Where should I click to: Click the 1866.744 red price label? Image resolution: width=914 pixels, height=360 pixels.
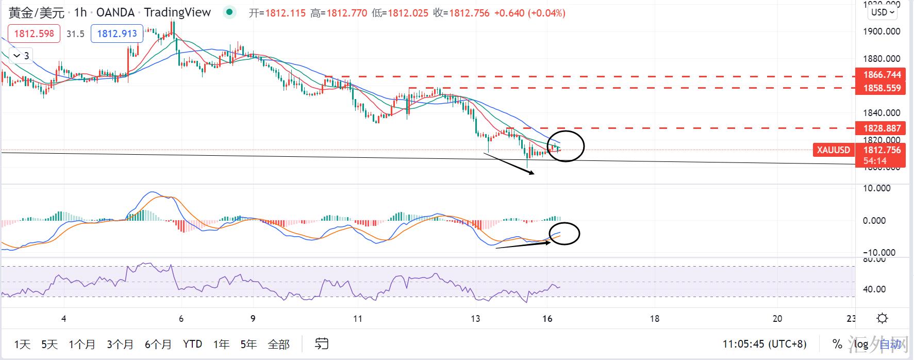coord(882,75)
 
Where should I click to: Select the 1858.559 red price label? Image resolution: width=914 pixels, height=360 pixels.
coord(882,88)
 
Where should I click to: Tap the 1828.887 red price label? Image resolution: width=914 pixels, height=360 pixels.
coord(882,128)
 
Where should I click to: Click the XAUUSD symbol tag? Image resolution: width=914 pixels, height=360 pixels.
coord(833,150)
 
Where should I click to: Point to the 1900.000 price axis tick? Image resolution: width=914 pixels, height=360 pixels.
coord(881,31)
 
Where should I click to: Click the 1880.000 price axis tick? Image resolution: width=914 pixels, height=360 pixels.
coord(881,59)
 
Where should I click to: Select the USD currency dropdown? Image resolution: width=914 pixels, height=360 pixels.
coord(883,12)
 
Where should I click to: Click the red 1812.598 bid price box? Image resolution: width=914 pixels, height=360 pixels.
coord(34,34)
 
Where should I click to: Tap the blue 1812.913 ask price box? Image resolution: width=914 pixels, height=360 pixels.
coord(117,34)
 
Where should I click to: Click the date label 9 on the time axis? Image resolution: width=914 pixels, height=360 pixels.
coord(253,319)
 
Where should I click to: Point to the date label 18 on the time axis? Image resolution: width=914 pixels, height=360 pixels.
coord(654,319)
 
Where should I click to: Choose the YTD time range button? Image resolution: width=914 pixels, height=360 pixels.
coord(192,344)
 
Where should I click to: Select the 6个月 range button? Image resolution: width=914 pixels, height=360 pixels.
coord(158,344)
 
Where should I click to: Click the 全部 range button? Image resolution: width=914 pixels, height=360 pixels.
coord(279,344)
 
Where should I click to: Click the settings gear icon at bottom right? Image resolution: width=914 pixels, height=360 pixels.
coord(882,318)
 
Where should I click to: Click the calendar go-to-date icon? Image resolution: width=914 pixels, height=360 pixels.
coord(322,343)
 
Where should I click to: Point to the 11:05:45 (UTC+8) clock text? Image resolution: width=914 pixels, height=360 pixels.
coord(765,344)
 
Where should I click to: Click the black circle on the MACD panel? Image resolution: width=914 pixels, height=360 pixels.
coord(564,234)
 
